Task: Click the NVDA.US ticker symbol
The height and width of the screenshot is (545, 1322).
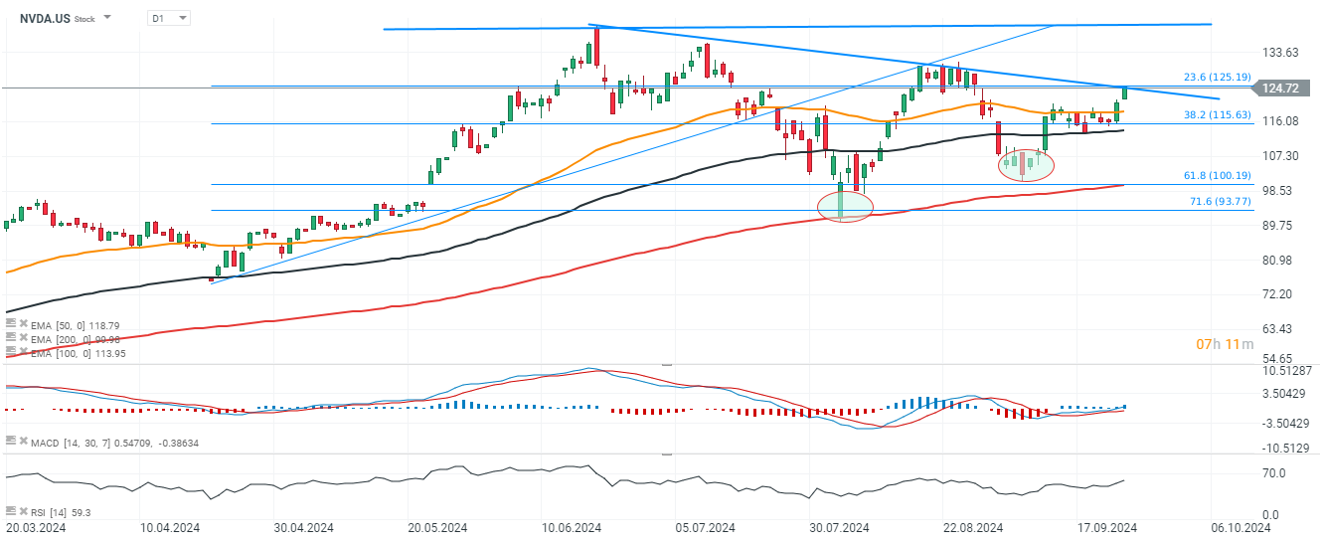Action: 45,18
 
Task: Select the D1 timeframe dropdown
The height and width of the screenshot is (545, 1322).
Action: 168,18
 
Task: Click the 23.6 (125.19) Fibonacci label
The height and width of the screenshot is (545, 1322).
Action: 1217,77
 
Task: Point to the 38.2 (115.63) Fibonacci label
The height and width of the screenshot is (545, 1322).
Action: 1217,114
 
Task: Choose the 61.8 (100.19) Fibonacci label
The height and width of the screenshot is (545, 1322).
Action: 1217,175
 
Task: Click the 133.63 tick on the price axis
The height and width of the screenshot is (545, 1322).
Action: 1280,52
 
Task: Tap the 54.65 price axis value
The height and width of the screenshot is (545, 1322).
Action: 1280,357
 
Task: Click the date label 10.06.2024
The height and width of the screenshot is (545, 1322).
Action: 571,528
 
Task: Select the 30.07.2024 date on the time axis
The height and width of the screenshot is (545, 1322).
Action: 840,528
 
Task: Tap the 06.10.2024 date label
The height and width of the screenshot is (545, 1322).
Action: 1241,528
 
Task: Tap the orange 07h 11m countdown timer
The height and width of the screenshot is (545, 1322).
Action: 1217,344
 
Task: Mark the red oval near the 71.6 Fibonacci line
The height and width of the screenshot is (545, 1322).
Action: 845,206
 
